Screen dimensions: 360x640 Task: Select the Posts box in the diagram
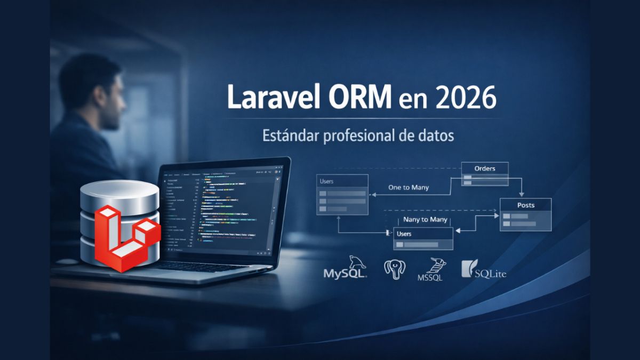[x=525, y=214]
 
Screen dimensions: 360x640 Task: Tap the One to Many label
[x=409, y=187]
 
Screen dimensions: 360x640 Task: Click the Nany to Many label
[x=426, y=219]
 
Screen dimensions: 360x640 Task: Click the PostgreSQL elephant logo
[x=395, y=268]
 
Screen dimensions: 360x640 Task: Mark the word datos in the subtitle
[x=433, y=136]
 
